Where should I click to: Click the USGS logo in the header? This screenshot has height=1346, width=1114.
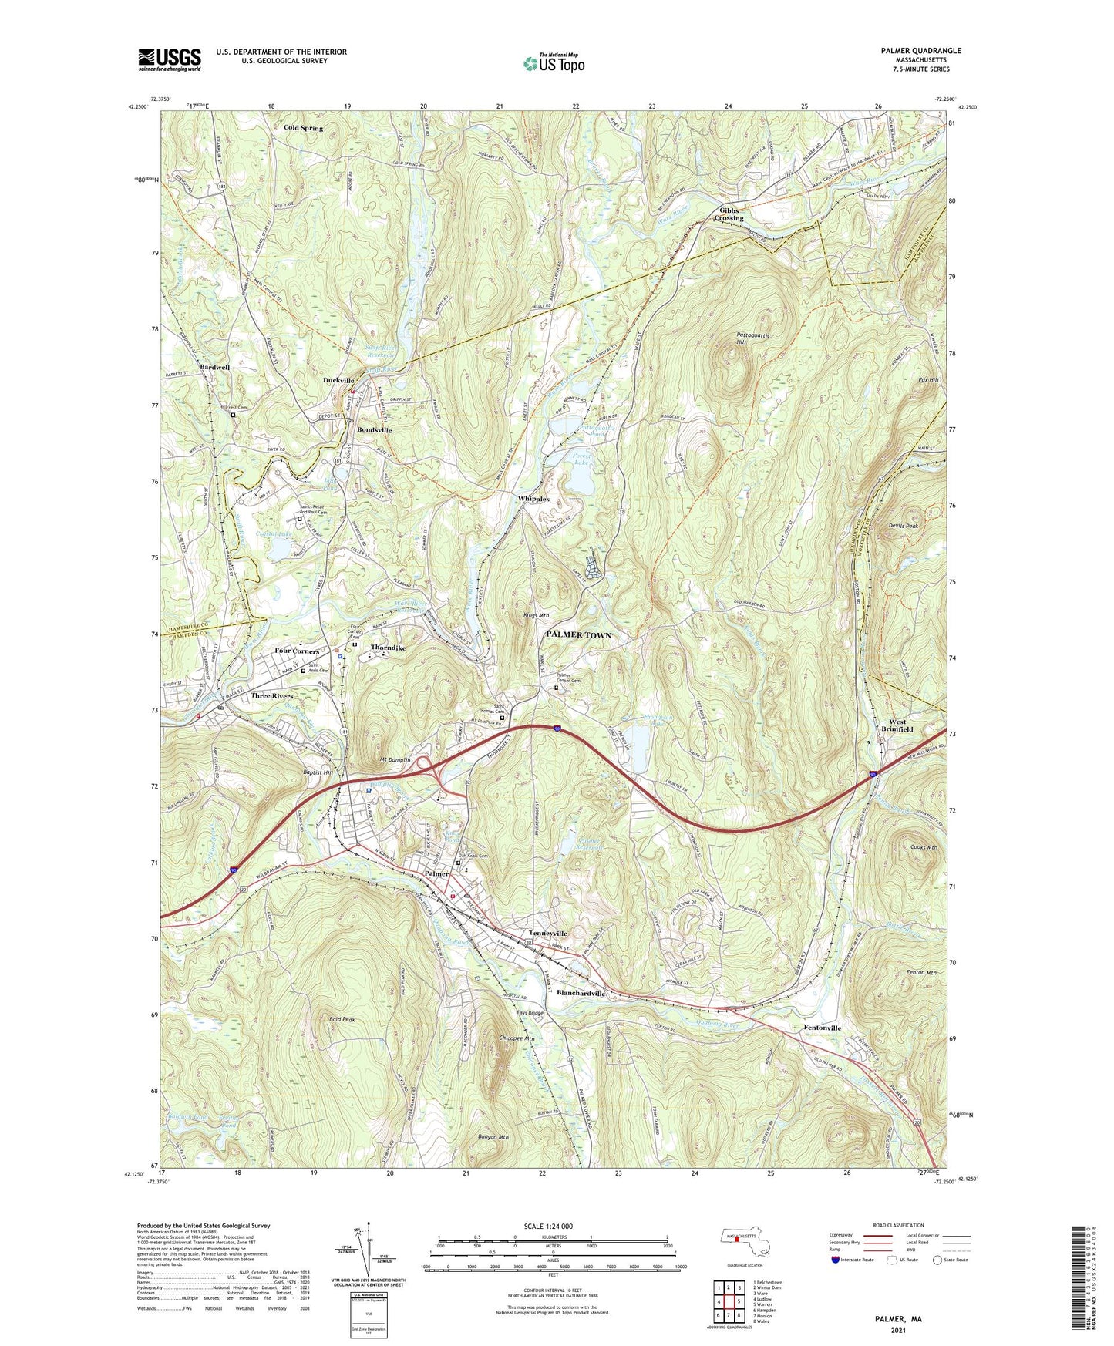[x=170, y=59]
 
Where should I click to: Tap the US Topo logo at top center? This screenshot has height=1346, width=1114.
[x=553, y=62]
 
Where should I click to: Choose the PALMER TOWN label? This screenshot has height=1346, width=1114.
[x=579, y=635]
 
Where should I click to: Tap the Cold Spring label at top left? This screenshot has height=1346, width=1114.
[x=303, y=128]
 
